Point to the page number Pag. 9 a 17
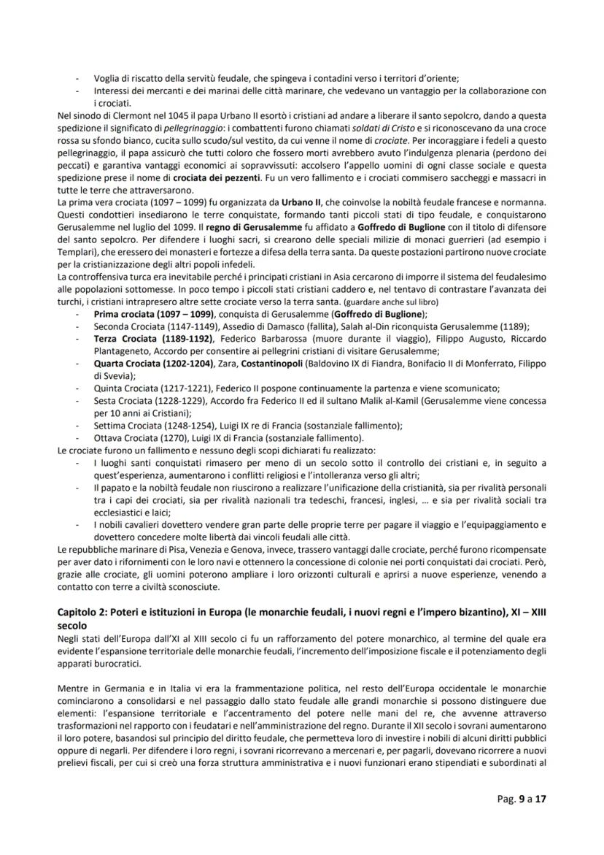tap(516, 798)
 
